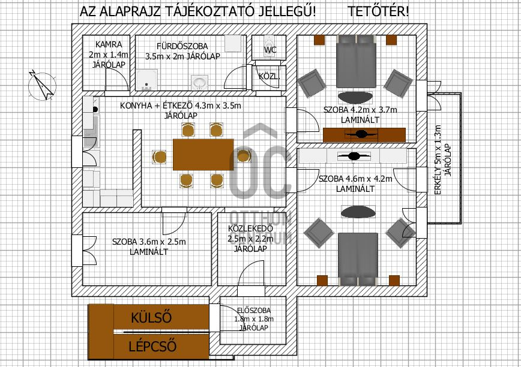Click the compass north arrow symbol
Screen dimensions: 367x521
[40, 85]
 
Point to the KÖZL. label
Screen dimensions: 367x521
[268, 77]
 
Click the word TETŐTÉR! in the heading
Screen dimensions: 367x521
[379, 12]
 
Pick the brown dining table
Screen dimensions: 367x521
[203, 154]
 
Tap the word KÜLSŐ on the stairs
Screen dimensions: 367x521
[151, 317]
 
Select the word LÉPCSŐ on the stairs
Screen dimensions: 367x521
[152, 346]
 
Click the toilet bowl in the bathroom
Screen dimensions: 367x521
[199, 81]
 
